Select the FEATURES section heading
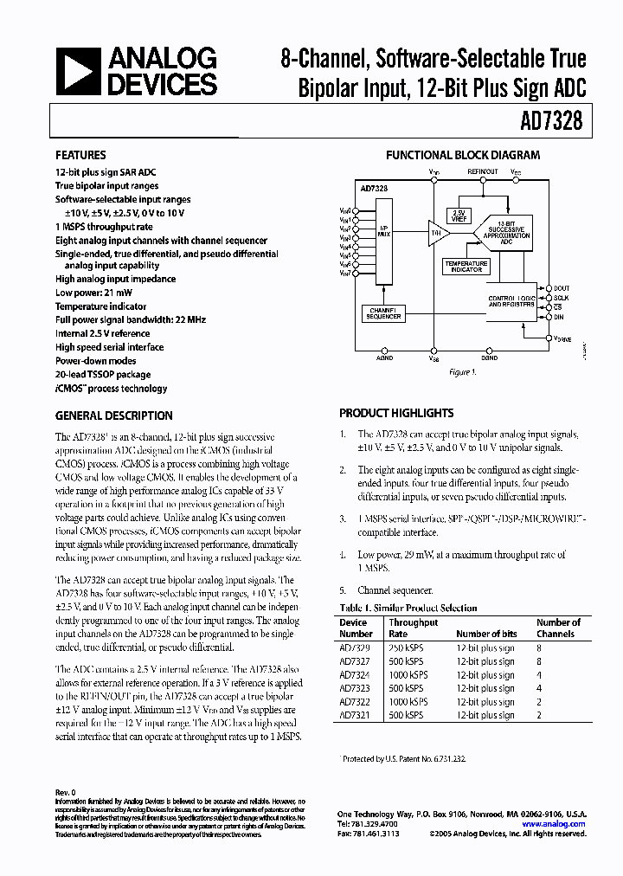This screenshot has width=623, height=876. click(81, 156)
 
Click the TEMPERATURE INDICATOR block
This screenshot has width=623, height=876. click(465, 267)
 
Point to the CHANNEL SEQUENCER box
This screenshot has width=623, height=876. click(382, 313)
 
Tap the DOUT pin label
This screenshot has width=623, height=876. click(562, 287)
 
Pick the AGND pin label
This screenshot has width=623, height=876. click(384, 357)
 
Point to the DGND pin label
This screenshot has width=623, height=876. click(489, 357)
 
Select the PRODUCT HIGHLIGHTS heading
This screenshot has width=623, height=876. click(396, 414)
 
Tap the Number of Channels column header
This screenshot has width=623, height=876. click(558, 628)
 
